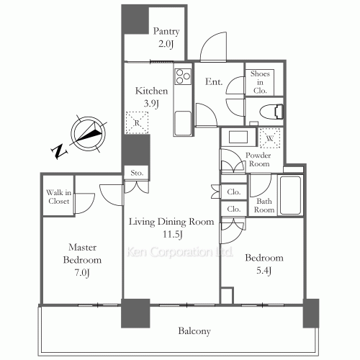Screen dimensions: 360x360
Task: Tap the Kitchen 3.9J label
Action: [x=151, y=97]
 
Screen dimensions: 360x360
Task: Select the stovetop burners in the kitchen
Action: [x=183, y=76]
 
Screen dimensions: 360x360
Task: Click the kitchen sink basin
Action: [x=183, y=123]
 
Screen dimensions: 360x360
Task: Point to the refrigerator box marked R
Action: [x=137, y=122]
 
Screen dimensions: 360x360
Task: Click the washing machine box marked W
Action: [x=270, y=138]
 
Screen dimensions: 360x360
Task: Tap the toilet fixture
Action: [x=271, y=112]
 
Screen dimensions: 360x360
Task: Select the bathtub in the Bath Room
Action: [x=290, y=195]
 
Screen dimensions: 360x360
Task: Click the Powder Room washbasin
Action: [x=238, y=138]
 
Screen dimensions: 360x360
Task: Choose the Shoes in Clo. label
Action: [x=260, y=82]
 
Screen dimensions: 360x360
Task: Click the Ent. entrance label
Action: [x=214, y=81]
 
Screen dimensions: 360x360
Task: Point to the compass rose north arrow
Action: [x=89, y=133]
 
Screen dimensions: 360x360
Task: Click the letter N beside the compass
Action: [x=59, y=151]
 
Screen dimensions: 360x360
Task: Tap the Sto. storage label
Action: [x=137, y=173]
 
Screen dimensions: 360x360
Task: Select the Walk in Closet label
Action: [x=58, y=197]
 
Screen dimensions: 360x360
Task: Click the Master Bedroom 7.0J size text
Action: [x=82, y=273]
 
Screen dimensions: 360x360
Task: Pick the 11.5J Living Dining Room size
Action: [x=173, y=234]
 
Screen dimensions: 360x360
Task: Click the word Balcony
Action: [x=194, y=331]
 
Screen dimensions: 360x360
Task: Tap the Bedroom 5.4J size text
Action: [x=264, y=271]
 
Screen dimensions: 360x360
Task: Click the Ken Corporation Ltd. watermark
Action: [x=179, y=252]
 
